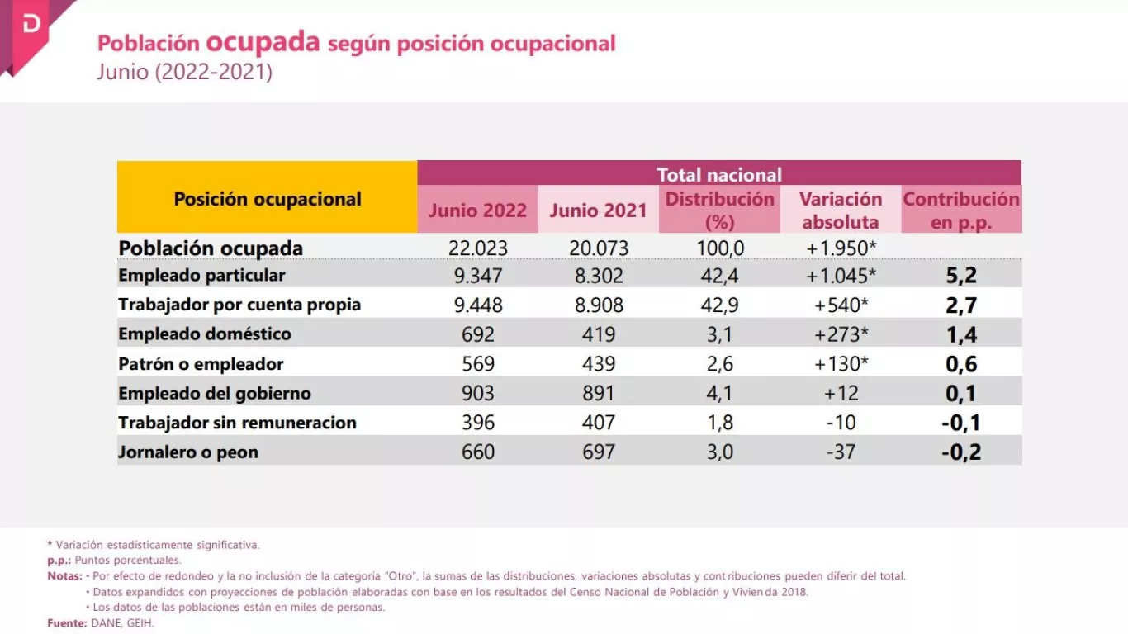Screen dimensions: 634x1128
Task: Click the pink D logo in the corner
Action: point(31,25)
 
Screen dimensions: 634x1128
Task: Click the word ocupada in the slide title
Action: point(263,42)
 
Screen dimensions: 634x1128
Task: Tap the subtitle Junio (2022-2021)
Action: point(184,72)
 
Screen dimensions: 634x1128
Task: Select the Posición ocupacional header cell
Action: point(268,199)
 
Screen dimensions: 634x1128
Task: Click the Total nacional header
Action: point(718,174)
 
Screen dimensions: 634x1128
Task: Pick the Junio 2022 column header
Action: point(477,211)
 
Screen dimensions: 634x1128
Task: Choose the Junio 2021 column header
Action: point(598,211)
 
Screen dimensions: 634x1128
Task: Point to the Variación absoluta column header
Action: point(841,211)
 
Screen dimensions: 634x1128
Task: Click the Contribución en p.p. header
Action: point(961,211)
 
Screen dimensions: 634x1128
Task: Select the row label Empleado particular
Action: point(201,275)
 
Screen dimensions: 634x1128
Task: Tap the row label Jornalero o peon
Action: point(188,452)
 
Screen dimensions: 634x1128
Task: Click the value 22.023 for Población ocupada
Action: point(477,248)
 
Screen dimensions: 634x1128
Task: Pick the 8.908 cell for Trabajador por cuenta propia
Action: point(599,305)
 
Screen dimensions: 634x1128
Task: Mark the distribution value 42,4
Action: point(719,276)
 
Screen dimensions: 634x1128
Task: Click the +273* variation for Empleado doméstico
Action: point(841,334)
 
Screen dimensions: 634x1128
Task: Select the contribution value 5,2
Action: point(961,276)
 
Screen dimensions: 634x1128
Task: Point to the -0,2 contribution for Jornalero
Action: point(961,452)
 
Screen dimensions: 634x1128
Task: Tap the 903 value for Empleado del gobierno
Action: point(478,394)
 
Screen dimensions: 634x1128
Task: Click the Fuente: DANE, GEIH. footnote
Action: point(101,623)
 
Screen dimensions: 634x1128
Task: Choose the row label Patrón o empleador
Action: point(201,364)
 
